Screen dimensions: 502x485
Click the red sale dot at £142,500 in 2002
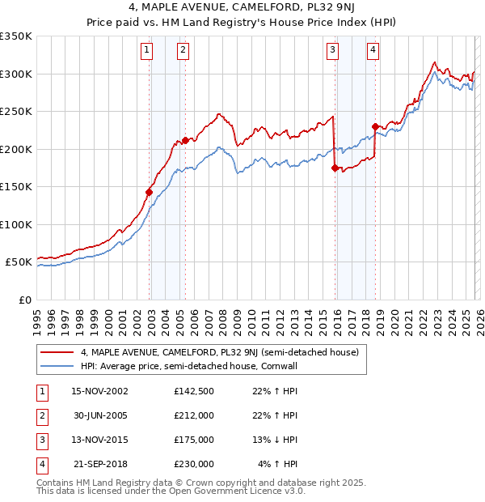click(149, 193)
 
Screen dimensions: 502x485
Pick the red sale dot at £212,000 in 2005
click(186, 140)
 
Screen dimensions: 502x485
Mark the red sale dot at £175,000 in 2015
click(335, 168)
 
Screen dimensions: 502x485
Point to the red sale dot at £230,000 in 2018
click(375, 126)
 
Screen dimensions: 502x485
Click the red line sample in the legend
click(57, 352)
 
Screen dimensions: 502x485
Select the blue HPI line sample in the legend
click(57, 366)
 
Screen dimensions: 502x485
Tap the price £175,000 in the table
click(193, 440)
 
